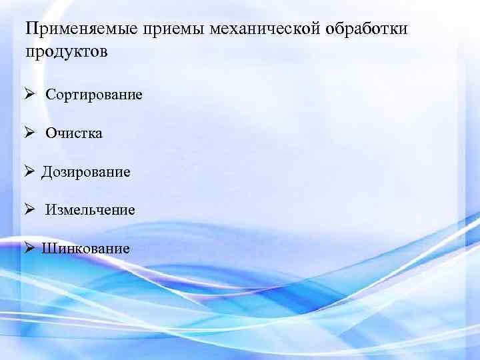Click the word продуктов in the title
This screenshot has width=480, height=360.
point(65,51)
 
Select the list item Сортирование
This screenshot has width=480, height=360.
point(94,95)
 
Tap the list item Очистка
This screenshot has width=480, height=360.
point(74,133)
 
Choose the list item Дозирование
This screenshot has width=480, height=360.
point(86,172)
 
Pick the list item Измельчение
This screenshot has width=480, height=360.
point(90,210)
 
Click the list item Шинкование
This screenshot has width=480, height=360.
point(85,249)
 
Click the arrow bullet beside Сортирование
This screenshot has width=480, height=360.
point(30,94)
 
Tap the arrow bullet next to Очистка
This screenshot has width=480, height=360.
point(30,133)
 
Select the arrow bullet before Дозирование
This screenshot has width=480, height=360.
point(30,171)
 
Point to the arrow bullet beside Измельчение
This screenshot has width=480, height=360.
point(30,209)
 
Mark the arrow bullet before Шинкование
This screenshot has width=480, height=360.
point(30,248)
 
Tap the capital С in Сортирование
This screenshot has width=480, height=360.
point(50,95)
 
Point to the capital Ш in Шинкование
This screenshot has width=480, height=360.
point(47,249)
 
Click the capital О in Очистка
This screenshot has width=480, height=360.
point(51,133)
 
